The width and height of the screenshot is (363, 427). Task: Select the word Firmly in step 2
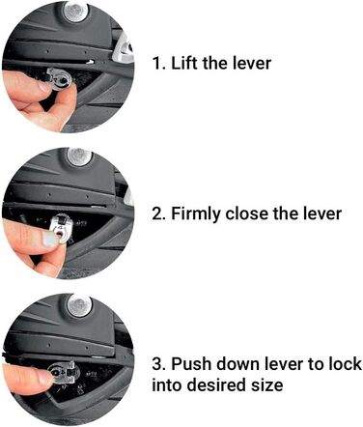pos(196,213)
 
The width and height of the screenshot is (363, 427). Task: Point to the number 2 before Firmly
pos(158,213)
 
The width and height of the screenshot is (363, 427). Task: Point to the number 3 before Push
pos(158,364)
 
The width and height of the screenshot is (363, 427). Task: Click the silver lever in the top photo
pos(60,79)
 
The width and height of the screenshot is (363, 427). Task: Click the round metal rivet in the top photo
pos(76,12)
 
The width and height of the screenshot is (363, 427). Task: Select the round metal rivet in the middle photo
pos(79,157)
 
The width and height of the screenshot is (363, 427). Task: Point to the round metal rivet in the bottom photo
pos(79,304)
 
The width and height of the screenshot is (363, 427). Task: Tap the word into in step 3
pos(167,385)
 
